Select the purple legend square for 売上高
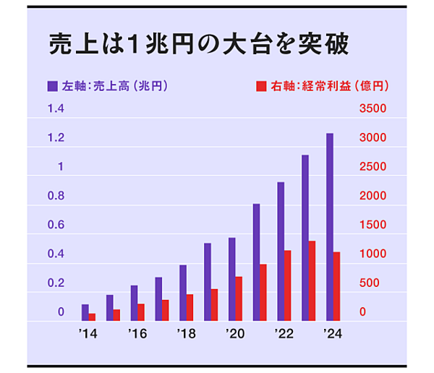tap(53, 86)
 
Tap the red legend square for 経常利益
tap(262, 86)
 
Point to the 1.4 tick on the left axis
tap(56, 109)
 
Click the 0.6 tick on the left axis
tap(56, 226)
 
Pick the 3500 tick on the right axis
tap(375, 109)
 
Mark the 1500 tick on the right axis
tap(375, 226)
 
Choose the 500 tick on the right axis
tap(372, 283)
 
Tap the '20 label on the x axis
tap(234, 334)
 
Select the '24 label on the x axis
tap(332, 334)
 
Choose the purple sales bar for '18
tap(183, 293)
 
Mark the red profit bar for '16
tap(140, 312)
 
